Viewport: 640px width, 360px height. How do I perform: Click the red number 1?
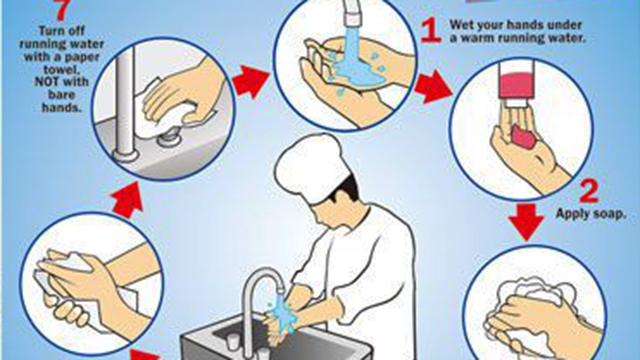(x=431, y=31)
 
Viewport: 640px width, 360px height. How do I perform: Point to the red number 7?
(x=61, y=10)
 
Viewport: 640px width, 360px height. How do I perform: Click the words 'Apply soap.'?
(x=591, y=213)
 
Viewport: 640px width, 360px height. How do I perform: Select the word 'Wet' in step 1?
(x=461, y=24)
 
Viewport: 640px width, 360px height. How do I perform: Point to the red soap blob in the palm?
(x=523, y=136)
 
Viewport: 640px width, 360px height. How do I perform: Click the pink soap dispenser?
(x=516, y=87)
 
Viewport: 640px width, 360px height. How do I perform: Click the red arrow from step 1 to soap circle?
(x=433, y=86)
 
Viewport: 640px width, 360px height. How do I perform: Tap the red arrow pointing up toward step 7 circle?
(x=127, y=199)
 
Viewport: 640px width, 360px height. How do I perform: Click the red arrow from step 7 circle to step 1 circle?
(x=251, y=82)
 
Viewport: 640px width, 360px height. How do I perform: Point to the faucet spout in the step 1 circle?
(x=352, y=12)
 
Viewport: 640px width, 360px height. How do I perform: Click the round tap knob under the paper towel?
(x=170, y=139)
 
